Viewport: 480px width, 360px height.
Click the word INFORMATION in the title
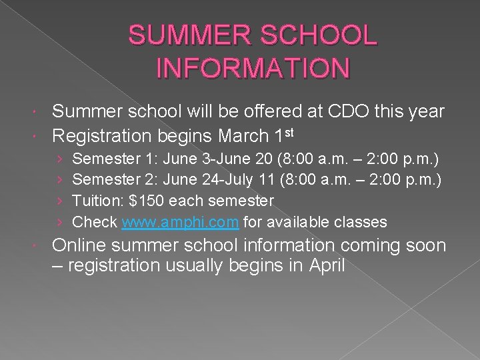pos(253,68)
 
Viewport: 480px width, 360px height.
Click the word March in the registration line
pos(244,137)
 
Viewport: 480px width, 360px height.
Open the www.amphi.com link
pos(180,221)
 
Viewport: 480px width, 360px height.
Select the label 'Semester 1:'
pos(109,159)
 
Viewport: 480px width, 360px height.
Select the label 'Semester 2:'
pos(109,180)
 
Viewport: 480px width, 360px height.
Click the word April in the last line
pos(327,267)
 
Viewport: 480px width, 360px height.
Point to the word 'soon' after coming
pos(421,245)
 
